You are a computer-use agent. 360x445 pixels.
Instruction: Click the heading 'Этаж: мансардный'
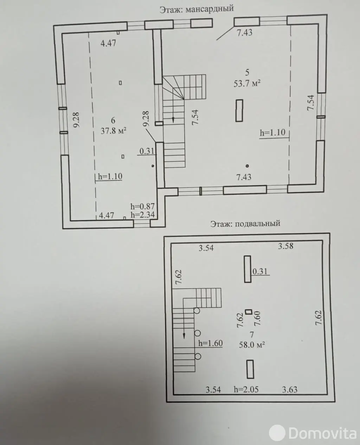coord(196,8)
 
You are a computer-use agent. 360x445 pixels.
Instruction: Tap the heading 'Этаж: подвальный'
coord(245,223)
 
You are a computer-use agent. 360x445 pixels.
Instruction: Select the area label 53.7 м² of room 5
coord(247,84)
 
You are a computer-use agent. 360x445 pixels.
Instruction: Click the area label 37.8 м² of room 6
coord(113,131)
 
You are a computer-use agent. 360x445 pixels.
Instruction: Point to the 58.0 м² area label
coord(252,344)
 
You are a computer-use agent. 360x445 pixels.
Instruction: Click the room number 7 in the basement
coord(251,335)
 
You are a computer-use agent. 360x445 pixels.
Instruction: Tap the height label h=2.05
coord(246,389)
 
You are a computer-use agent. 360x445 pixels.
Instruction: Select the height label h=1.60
coord(210,343)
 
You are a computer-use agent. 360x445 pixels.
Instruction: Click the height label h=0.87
coord(142,207)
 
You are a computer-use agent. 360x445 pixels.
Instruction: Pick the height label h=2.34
coord(142,215)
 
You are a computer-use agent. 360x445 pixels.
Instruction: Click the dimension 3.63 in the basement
coord(290,389)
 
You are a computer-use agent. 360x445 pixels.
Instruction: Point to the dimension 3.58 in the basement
coord(285,246)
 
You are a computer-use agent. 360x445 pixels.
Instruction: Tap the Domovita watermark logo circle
coord(277,433)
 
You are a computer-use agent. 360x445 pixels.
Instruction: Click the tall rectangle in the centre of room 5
coord(239,110)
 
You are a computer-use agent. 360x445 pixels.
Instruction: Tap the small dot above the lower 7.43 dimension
coord(247,166)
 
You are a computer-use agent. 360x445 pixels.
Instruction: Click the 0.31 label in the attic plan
coord(147,151)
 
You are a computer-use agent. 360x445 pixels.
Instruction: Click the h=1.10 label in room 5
coord(272,133)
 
